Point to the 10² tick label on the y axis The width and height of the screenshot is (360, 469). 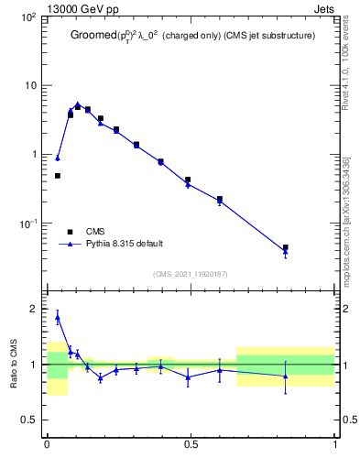[x=27, y=17]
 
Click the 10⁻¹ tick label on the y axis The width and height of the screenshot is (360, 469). [x=27, y=224]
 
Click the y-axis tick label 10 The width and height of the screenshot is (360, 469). [x=29, y=86]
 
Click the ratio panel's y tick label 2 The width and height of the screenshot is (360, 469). [x=35, y=310]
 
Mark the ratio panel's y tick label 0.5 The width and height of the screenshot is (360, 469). [x=30, y=420]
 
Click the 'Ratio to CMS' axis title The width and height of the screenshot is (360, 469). [x=14, y=365]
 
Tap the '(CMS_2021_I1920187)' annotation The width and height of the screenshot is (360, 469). [x=191, y=274]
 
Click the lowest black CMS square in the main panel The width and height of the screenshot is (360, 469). [x=286, y=247]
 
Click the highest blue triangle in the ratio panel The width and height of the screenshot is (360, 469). [x=58, y=318]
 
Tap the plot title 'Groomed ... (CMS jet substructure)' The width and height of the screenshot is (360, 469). [x=192, y=37]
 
